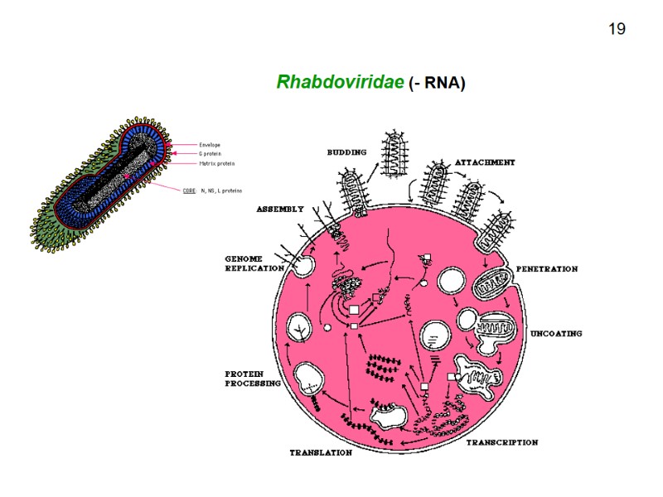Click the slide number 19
click(616, 30)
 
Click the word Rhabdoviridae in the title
click(341, 83)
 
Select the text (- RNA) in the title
click(438, 84)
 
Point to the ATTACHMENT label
click(485, 162)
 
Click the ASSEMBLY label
click(280, 209)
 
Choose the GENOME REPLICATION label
click(254, 263)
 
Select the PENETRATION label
click(547, 269)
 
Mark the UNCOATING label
click(556, 334)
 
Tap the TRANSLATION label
click(321, 453)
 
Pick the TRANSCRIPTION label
click(501, 443)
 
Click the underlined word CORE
click(189, 191)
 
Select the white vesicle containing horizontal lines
click(434, 335)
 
